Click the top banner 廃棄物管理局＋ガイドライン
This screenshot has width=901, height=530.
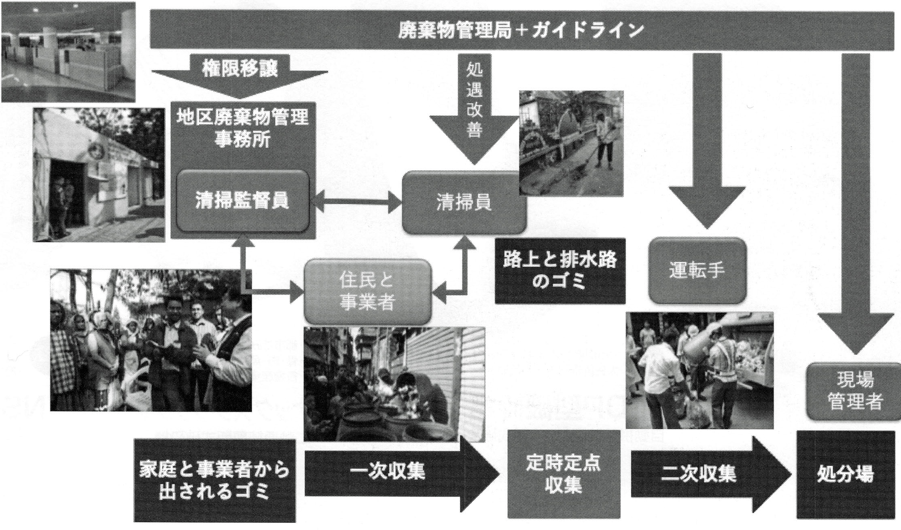pyautogui.click(x=522, y=31)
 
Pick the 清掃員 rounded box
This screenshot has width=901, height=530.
pyautogui.click(x=464, y=202)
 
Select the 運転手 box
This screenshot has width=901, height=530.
pyautogui.click(x=697, y=270)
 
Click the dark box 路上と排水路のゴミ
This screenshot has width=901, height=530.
pyautogui.click(x=560, y=271)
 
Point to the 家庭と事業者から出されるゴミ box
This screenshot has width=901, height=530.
pyautogui.click(x=214, y=481)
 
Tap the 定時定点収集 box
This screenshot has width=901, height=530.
pyautogui.click(x=564, y=474)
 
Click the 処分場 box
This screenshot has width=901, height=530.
pyautogui.click(x=845, y=474)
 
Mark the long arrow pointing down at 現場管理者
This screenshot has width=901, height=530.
pyautogui.click(x=855, y=202)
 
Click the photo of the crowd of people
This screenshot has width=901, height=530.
pyautogui.click(x=151, y=340)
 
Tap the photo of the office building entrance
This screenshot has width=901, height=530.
pyautogui.click(x=99, y=175)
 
